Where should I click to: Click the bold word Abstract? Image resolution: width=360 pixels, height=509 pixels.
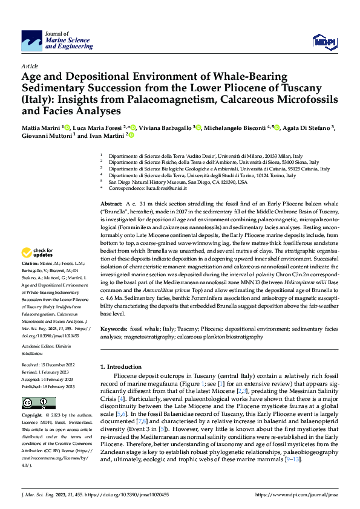coord(111,204)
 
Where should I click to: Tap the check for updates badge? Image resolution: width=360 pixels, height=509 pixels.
coord(38,270)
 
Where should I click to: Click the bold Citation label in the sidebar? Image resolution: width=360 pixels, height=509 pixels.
coord(31,281)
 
